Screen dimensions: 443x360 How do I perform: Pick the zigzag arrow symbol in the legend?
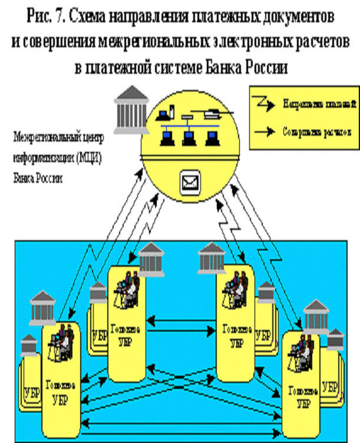click(x=264, y=104)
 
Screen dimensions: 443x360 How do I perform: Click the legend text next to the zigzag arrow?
click(x=319, y=104)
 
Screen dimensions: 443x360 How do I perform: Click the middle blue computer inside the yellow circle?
click(x=188, y=137)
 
